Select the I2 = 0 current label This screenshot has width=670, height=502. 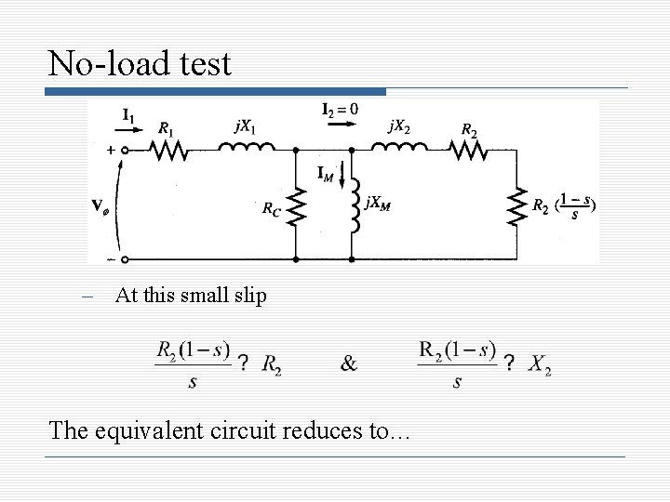point(340,110)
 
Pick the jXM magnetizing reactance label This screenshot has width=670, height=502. point(377,203)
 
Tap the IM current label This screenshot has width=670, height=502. point(326,173)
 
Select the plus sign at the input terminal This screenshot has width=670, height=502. point(110,149)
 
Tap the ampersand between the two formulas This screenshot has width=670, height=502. point(348,363)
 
